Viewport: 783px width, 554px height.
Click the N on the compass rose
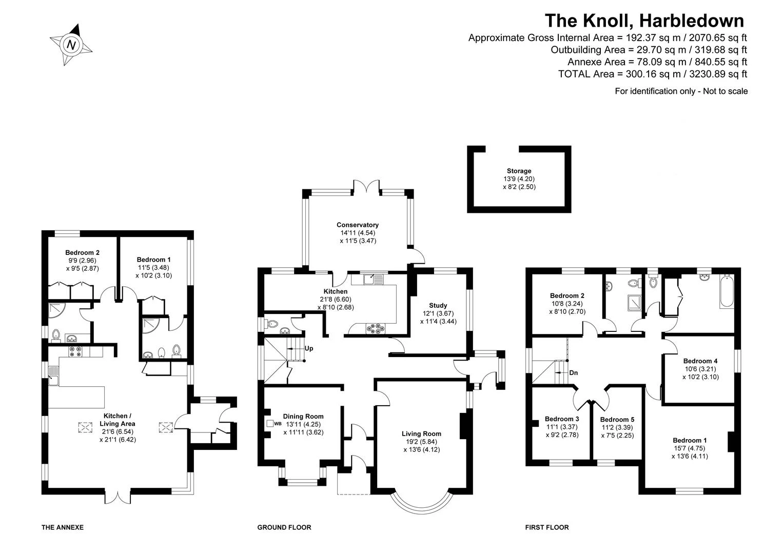tap(72, 45)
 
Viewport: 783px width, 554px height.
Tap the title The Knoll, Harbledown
tap(644, 21)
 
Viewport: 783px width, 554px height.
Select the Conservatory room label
tap(358, 225)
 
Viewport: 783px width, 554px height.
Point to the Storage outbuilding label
tap(519, 171)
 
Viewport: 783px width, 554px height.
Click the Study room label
tap(438, 306)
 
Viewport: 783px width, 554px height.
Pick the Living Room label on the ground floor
tap(422, 434)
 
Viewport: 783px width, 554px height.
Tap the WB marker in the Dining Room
tap(278, 424)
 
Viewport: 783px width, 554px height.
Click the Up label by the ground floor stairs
tap(309, 348)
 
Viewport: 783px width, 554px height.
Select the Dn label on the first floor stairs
tap(574, 373)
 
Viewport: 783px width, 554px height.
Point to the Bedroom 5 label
tap(617, 420)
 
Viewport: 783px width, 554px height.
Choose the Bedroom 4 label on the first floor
tap(700, 361)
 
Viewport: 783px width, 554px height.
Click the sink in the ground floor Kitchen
tap(373, 279)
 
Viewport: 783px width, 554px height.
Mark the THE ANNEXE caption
tap(63, 527)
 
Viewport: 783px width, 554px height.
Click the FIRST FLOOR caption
tap(547, 527)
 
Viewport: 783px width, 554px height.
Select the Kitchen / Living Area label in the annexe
tap(118, 420)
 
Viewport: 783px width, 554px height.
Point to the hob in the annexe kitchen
tap(75, 351)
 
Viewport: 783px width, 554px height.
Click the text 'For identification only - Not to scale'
tap(681, 91)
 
